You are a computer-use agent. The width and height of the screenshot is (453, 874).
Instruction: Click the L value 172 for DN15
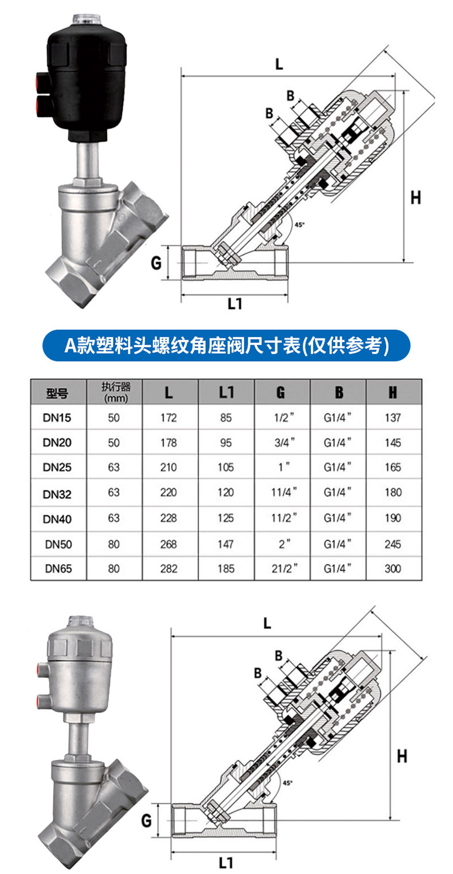[x=169, y=418]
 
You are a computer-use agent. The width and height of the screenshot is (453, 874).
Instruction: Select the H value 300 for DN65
[x=393, y=568]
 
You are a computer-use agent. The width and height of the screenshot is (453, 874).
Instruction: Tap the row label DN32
[x=57, y=494]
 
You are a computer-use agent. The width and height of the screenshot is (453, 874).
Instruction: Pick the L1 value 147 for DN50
[x=225, y=544]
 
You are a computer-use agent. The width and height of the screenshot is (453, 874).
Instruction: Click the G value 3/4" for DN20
[x=284, y=442]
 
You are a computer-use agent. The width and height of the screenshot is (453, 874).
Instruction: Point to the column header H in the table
[x=393, y=392]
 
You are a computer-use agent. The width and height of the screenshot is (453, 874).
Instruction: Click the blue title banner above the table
[x=226, y=345]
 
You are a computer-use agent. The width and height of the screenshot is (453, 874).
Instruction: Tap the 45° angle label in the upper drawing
[x=299, y=225]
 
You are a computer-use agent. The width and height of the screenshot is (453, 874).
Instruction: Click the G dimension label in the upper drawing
[x=156, y=263]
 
